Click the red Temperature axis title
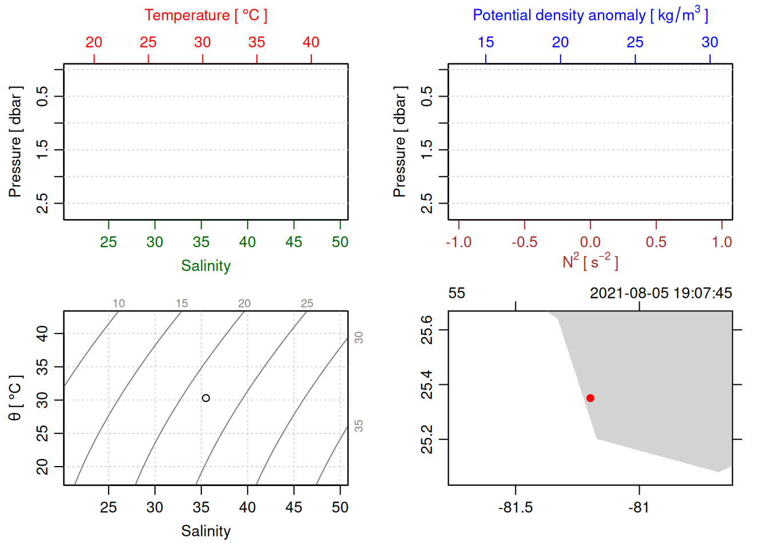click(205, 15)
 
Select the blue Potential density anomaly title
click(590, 15)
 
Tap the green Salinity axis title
click(205, 266)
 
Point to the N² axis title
click(590, 261)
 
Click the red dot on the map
click(590, 398)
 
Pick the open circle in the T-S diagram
click(206, 398)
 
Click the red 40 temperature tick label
click(311, 42)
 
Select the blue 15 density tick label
click(486, 42)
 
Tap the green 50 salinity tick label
click(340, 242)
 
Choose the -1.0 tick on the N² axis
click(459, 242)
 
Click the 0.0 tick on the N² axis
click(590, 242)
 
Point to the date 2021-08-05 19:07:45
click(661, 293)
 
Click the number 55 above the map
click(457, 293)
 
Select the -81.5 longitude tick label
click(516, 508)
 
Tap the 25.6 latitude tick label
click(427, 330)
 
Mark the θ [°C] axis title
click(15, 398)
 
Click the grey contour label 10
click(118, 304)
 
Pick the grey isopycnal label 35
click(359, 426)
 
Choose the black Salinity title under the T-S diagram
click(205, 531)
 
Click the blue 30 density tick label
click(709, 42)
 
